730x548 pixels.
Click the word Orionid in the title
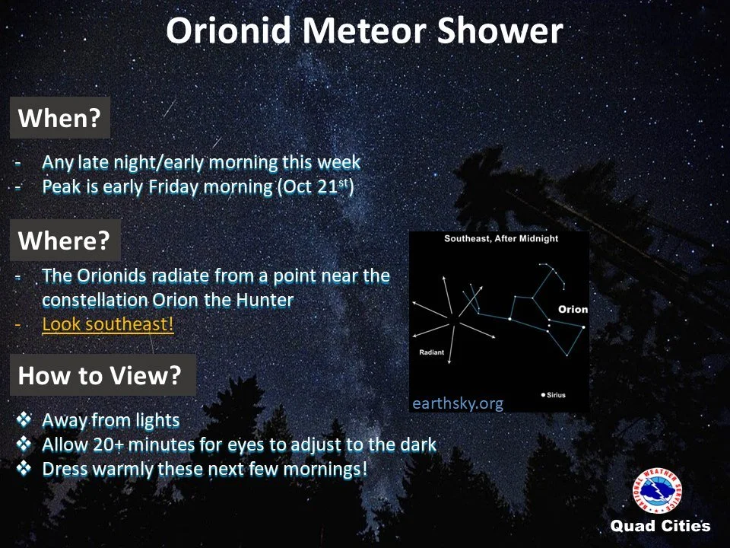(228, 30)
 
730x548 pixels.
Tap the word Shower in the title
(500, 30)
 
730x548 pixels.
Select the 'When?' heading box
(60, 117)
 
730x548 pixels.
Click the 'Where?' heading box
(65, 240)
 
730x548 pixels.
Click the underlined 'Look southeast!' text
(107, 324)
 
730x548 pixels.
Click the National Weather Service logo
(657, 491)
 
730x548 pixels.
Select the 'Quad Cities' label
(660, 526)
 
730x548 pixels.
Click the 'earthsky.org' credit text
(458, 403)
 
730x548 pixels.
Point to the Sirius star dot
(543, 395)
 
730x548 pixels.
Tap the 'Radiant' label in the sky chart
(432, 352)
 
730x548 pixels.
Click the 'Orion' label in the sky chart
(573, 310)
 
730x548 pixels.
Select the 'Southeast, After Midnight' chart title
(501, 238)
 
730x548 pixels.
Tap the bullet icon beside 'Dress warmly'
(24, 468)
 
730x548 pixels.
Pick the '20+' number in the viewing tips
(108, 444)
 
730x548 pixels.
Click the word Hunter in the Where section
(265, 300)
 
